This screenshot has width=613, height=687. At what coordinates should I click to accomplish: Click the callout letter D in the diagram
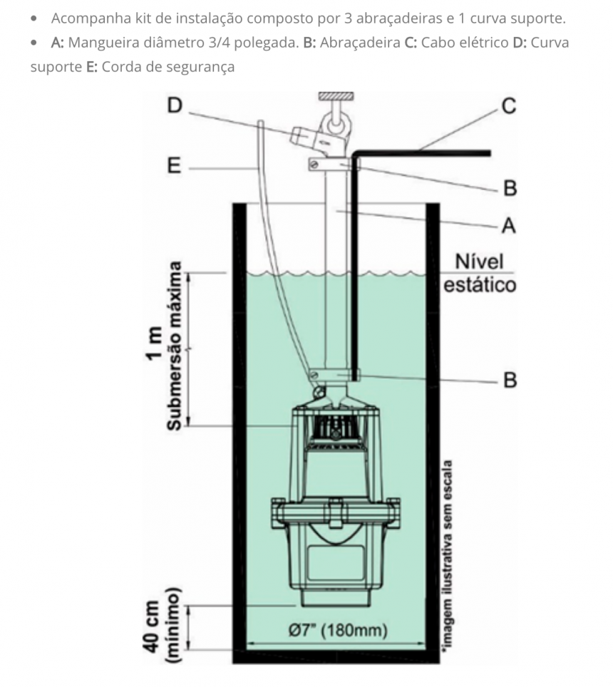tap(175, 106)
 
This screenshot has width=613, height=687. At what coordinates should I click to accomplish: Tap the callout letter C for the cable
tap(508, 106)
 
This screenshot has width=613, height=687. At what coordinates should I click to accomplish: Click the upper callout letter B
tap(509, 189)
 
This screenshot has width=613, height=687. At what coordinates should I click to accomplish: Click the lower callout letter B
tap(509, 379)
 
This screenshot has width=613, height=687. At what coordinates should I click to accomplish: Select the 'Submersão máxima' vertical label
tap(175, 346)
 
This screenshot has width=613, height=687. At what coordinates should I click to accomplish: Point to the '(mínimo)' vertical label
tap(175, 627)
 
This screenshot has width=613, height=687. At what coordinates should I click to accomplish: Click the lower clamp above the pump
tap(335, 375)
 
